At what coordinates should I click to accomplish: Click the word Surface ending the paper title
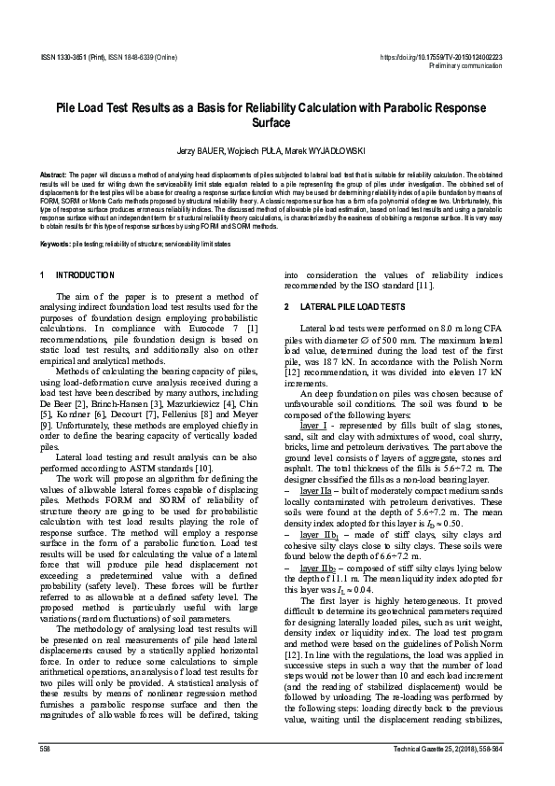(277, 122)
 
